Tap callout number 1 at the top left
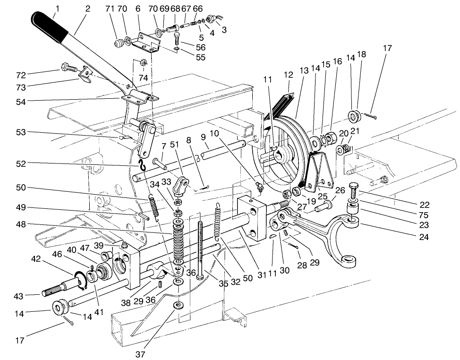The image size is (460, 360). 58,8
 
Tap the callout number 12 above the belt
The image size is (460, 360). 289,75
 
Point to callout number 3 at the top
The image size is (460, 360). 224,29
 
